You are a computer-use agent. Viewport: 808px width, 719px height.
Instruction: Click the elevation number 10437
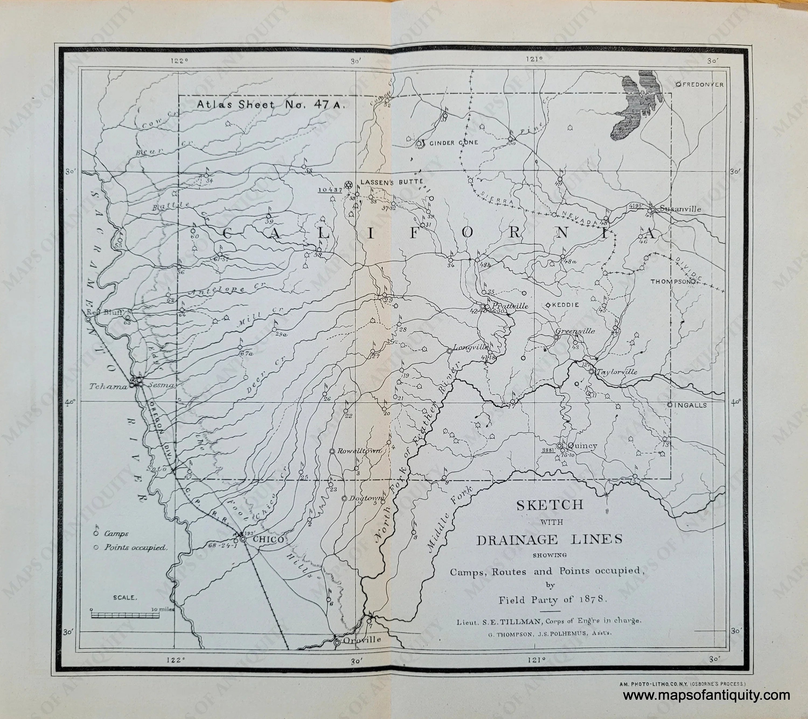330,190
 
